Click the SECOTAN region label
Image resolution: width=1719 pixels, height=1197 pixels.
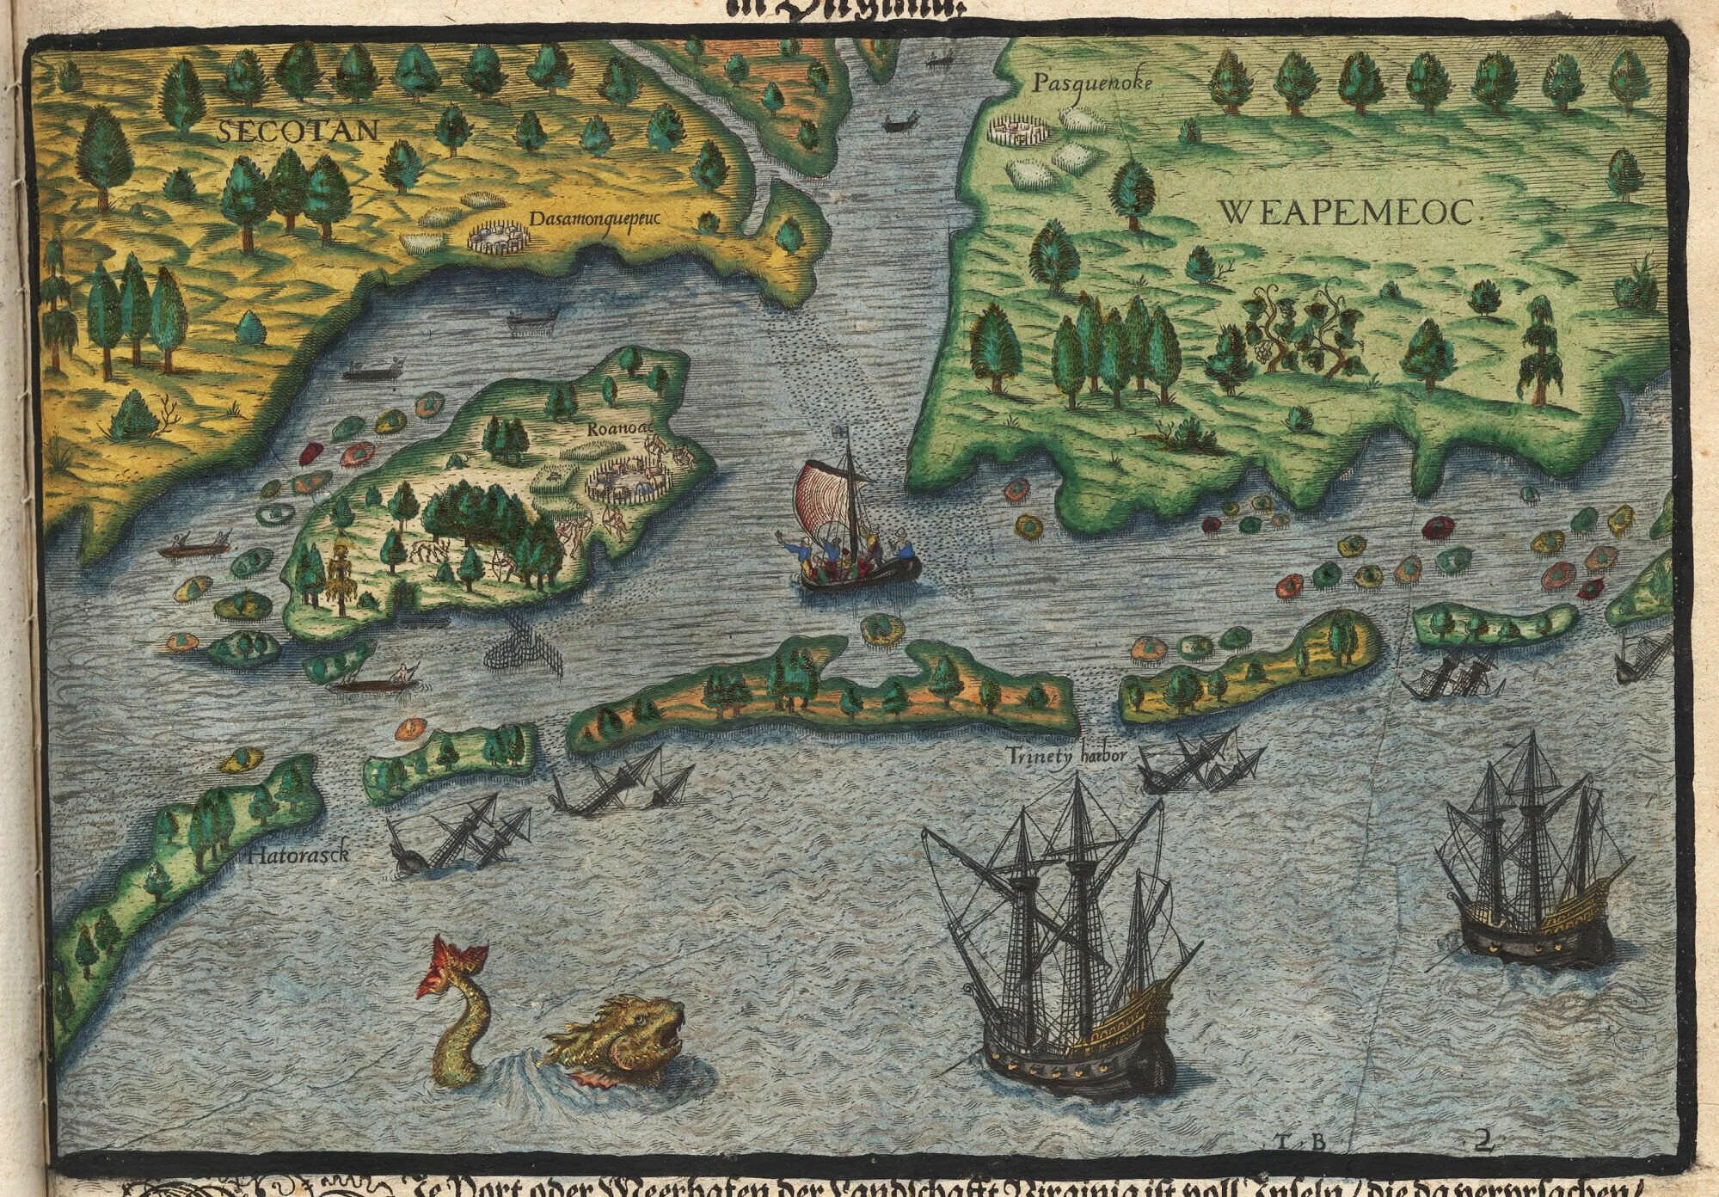[x=298, y=130]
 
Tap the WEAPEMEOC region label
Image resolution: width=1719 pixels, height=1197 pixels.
[x=1351, y=211]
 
